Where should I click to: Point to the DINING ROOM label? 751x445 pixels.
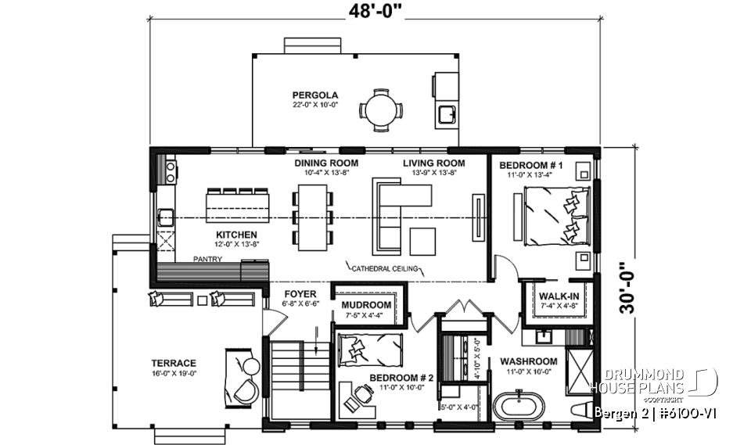(x=326, y=163)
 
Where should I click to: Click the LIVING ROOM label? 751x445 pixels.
(x=434, y=163)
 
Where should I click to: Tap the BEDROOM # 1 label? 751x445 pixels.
(x=537, y=165)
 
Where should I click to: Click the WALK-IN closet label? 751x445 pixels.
(x=559, y=296)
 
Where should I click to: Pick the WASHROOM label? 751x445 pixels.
(x=529, y=361)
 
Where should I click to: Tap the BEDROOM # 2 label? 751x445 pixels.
(x=395, y=377)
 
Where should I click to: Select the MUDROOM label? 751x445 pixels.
(x=366, y=305)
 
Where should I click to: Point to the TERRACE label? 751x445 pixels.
(x=174, y=363)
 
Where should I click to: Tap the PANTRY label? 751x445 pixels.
(x=208, y=259)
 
